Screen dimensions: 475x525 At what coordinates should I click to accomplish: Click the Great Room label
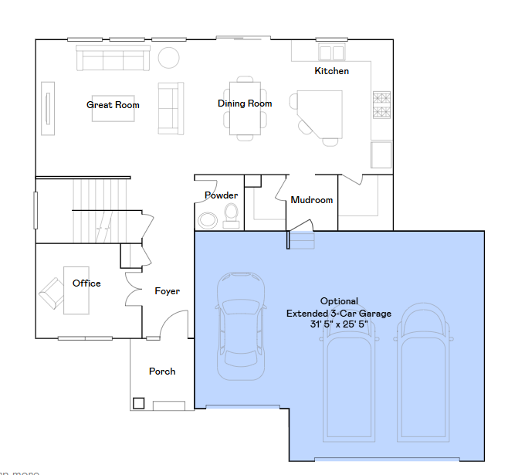tap(113, 105)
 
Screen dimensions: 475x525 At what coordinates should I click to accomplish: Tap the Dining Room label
tap(245, 103)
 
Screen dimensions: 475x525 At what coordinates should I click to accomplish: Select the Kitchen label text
tap(331, 71)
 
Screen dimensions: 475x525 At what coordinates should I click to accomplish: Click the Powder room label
tap(221, 195)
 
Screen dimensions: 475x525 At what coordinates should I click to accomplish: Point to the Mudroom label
tap(312, 200)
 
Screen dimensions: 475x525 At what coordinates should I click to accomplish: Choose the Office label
tap(86, 283)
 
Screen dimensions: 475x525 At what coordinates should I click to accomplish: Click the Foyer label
tap(168, 291)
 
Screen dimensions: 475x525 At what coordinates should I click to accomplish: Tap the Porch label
tap(162, 372)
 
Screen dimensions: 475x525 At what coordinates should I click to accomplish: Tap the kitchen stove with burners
tap(382, 105)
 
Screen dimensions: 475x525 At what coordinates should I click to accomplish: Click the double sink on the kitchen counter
tap(332, 53)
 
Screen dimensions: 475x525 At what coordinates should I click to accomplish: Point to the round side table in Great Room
tap(168, 57)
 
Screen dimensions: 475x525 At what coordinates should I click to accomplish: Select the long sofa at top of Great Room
tap(113, 58)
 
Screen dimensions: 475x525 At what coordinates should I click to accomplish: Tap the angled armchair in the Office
tap(52, 293)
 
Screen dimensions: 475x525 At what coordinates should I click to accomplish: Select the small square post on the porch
tap(139, 402)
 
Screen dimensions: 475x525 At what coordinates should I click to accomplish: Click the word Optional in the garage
tap(339, 301)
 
